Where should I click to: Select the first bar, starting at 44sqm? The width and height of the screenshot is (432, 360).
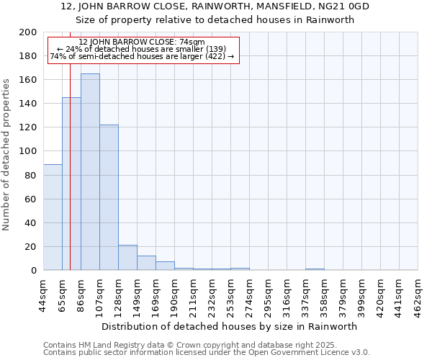[53, 217]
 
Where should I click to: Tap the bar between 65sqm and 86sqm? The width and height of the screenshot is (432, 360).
[71, 184]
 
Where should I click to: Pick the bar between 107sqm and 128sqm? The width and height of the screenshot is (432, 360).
[109, 197]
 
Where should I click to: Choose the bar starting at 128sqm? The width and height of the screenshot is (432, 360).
[127, 258]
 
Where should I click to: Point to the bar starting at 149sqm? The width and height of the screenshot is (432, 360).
[146, 263]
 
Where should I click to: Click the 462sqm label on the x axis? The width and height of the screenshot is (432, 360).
[418, 294]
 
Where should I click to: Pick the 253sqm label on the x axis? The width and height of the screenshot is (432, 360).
[230, 294]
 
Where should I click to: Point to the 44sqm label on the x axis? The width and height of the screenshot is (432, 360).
[43, 294]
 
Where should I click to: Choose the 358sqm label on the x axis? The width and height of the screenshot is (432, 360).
[325, 294]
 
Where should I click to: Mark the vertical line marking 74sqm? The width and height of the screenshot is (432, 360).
[70, 180]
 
